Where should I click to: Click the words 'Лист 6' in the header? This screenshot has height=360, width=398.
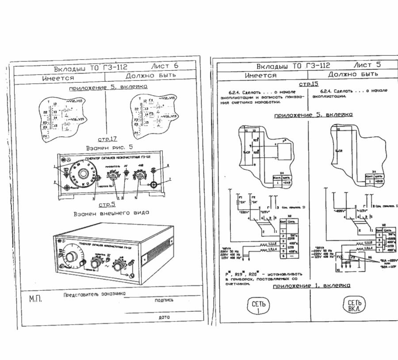pos(165,66)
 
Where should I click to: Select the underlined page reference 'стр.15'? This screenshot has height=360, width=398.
pos(308,83)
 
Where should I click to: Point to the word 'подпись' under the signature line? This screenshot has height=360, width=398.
pos(164,300)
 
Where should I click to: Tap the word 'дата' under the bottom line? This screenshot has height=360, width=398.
pos(164,317)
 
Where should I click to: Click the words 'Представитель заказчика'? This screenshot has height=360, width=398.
pos(94,294)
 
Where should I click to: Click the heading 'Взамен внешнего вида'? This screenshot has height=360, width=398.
pos(111,212)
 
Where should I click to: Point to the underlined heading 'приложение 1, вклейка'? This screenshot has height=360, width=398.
pos(312,285)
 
